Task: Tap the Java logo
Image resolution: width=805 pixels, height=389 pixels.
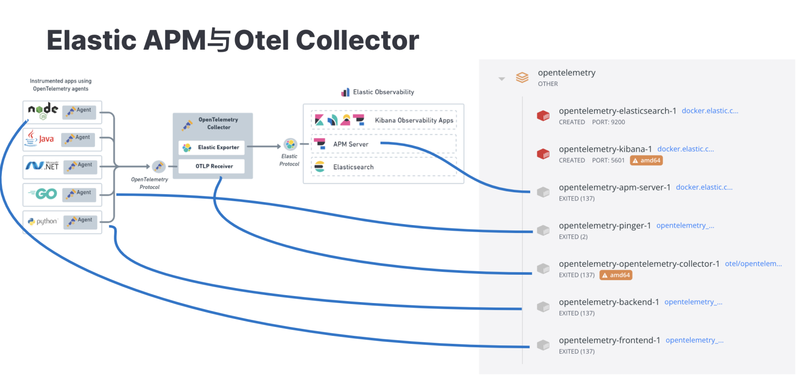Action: (40, 139)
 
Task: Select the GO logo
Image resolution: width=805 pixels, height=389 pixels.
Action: (43, 194)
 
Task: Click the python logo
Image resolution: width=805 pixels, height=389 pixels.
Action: (43, 221)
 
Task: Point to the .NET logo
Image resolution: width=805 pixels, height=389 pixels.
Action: (42, 165)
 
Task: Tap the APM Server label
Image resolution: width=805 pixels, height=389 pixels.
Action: (351, 145)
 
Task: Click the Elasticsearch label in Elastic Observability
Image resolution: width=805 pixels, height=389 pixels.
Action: (353, 167)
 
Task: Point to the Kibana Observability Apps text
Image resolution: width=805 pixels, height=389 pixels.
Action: (414, 120)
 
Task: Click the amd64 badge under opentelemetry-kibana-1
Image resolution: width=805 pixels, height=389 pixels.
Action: (646, 160)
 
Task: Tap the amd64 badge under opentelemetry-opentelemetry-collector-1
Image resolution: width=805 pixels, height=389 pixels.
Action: (616, 275)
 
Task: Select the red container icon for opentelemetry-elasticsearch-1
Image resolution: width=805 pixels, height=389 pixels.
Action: (543, 116)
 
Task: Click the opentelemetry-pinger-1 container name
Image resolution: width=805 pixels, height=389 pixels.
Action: (605, 226)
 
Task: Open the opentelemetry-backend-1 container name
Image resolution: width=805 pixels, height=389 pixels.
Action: (609, 302)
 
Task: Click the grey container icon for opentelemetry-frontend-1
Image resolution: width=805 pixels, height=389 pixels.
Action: (543, 345)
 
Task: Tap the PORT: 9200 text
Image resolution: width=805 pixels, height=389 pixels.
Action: (608, 122)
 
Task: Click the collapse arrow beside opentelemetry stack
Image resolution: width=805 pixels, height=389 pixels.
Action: (501, 78)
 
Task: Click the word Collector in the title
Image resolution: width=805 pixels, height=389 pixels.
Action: (357, 40)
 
